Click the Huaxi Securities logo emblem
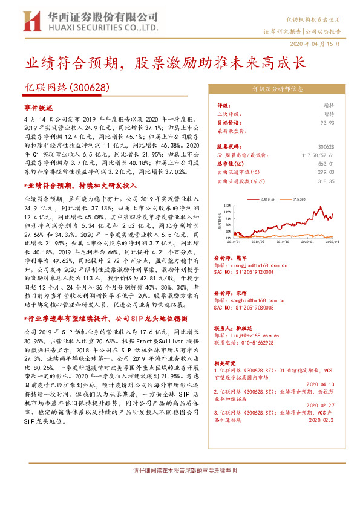tap(30, 21)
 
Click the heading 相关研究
tap(226, 362)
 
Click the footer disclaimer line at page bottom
tap(180, 470)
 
